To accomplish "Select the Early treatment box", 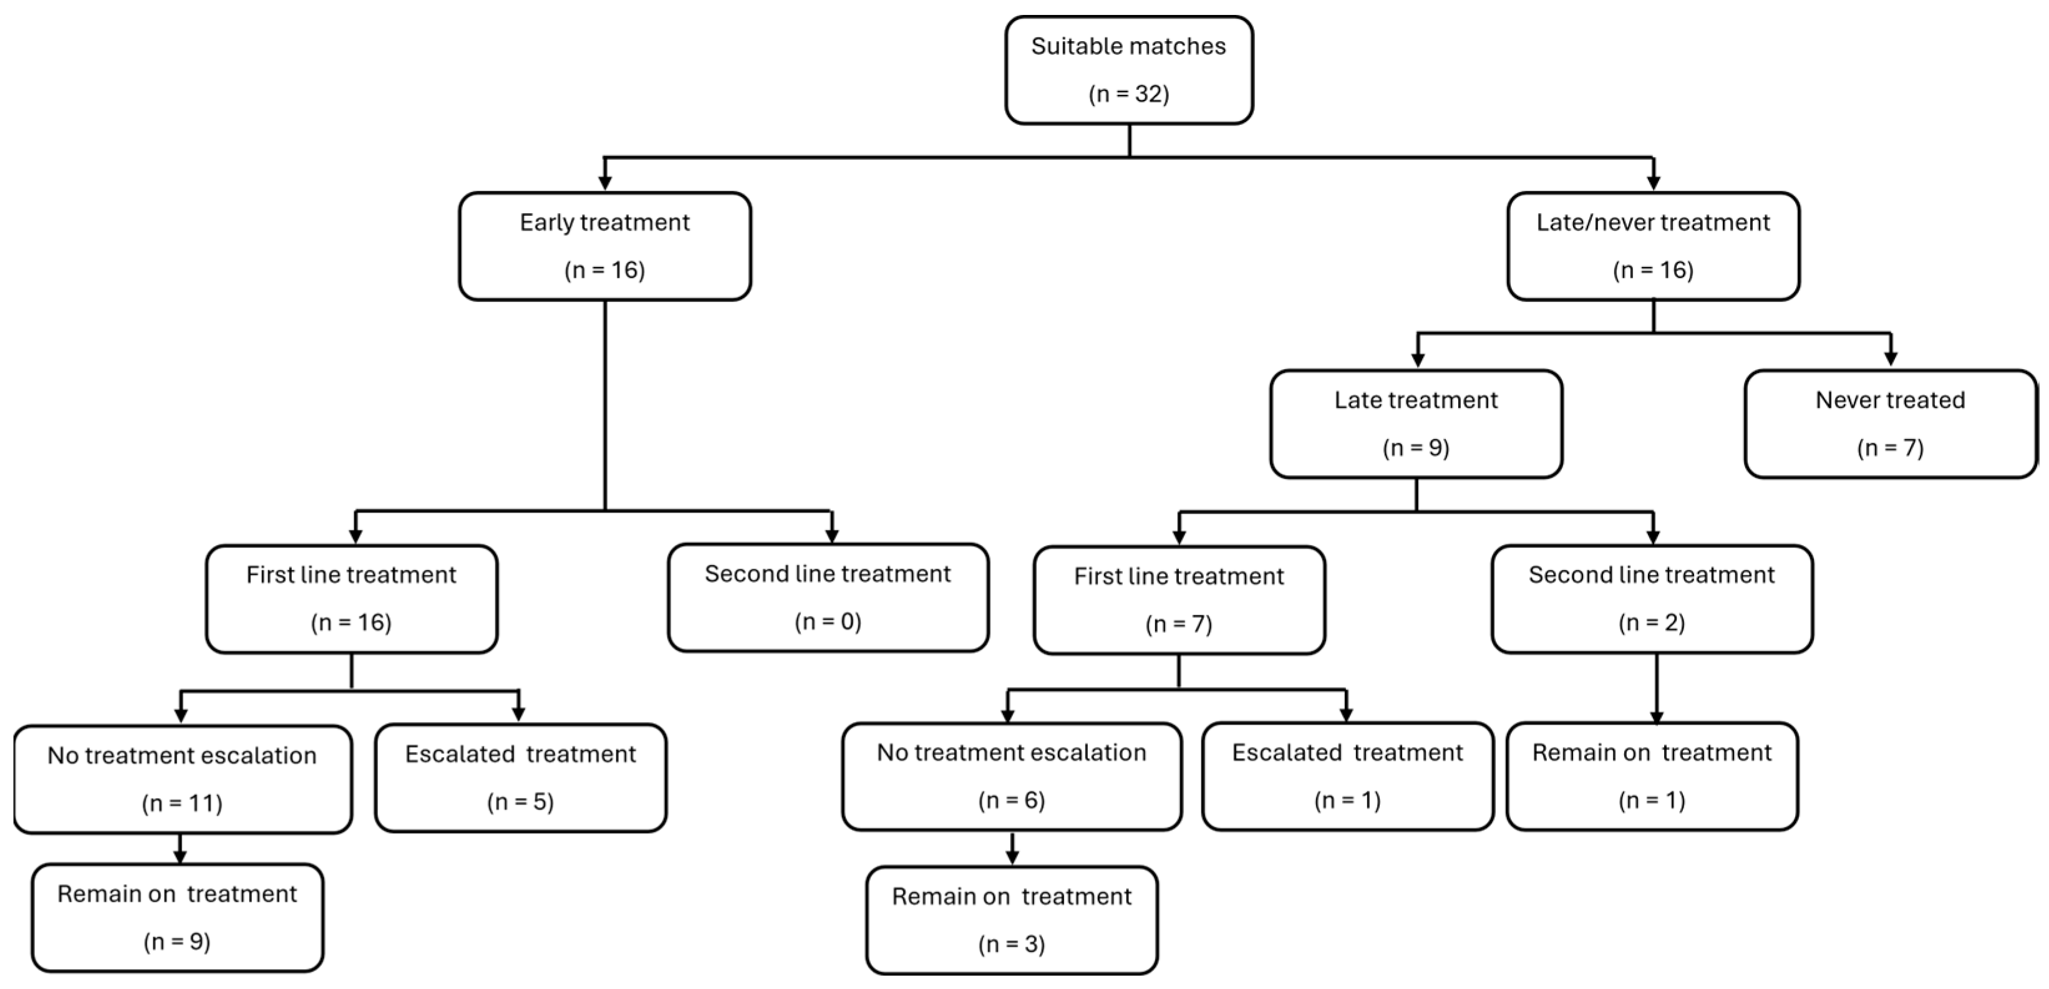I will (x=604, y=246).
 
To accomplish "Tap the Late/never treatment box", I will (x=1653, y=246).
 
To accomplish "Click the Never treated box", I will (x=1890, y=424).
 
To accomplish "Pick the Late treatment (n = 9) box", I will (x=1416, y=424).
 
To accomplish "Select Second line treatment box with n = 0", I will (x=828, y=598).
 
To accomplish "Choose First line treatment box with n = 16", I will (x=352, y=599).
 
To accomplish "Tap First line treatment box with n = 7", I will (x=1179, y=601).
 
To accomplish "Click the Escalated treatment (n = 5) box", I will (x=520, y=778).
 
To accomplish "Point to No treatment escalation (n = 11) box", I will (x=182, y=779).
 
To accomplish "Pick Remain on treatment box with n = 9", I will (x=177, y=917).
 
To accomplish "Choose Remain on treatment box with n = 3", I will (x=1011, y=920).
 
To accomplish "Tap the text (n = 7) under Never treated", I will (x=1890, y=448).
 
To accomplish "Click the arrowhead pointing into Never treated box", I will (x=1891, y=359).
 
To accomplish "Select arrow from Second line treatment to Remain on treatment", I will (x=1656, y=688).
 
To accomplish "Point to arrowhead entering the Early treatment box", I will (x=604, y=183).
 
